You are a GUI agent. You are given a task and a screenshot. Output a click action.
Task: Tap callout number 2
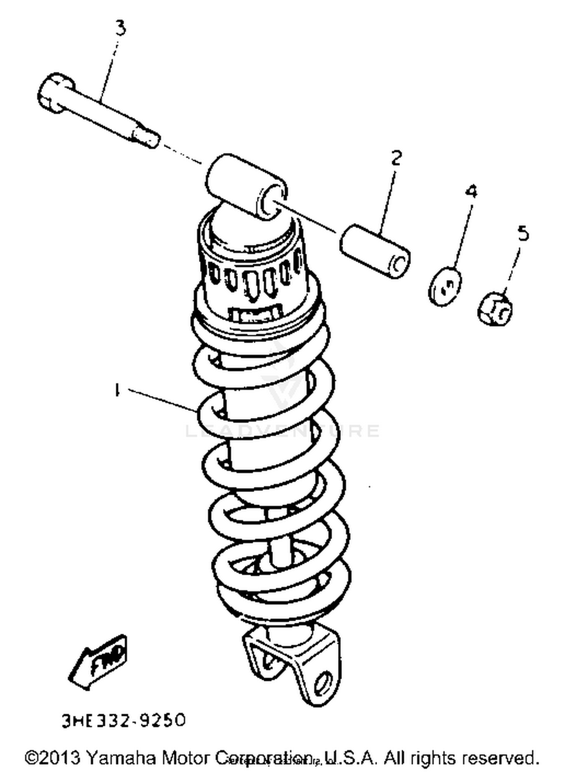coord(396,158)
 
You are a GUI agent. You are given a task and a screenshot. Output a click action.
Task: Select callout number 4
coord(471,191)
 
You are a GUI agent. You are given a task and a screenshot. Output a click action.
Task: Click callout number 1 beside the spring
coord(117,390)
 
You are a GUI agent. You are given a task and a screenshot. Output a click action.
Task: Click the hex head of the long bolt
coord(52,93)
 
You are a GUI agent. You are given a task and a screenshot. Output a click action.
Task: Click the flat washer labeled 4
coord(445,286)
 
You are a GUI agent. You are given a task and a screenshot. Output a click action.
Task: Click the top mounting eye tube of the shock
coord(247,186)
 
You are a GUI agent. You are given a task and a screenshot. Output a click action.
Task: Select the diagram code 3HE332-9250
coord(123,720)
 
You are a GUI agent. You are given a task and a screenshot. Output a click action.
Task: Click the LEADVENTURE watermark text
coord(282,430)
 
